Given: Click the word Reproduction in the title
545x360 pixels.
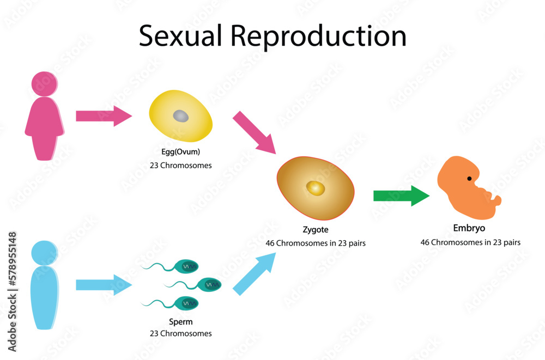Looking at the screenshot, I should [x=319, y=36].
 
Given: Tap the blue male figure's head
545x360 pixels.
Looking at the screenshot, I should [x=44, y=253].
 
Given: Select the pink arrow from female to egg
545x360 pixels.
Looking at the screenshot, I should [x=104, y=116].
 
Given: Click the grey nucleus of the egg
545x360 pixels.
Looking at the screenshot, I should [x=181, y=116].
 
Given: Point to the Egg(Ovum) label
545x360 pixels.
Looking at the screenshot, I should [x=180, y=151].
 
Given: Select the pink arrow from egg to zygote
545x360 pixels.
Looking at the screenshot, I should [x=253, y=132].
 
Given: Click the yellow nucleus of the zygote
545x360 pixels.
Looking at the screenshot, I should [x=316, y=188].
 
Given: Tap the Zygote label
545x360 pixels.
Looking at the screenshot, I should [x=316, y=230].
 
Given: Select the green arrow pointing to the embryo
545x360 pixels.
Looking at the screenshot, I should [x=401, y=196].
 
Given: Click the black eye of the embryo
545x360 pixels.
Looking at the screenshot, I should [x=469, y=179].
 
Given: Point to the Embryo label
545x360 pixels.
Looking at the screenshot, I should [x=469, y=228].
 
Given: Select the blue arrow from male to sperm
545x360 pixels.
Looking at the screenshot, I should [x=103, y=284].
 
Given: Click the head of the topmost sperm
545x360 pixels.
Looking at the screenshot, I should [x=187, y=266].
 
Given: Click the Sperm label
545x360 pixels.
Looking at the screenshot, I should [x=180, y=322].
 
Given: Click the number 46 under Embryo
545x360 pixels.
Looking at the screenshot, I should [x=426, y=242].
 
